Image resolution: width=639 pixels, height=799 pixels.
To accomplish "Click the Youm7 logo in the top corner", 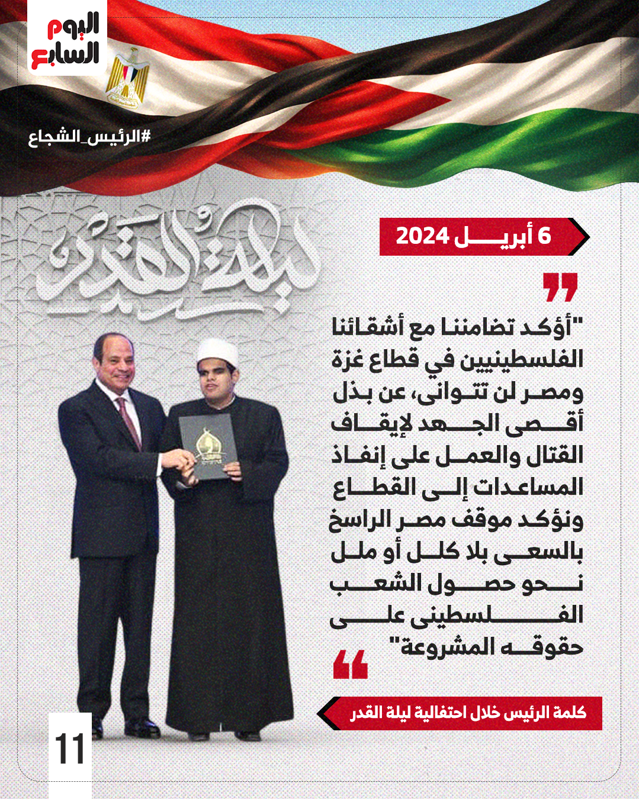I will click(67, 41).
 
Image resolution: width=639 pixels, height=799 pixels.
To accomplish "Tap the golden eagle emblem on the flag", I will click(127, 76).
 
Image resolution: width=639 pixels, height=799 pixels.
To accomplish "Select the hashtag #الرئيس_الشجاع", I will click(89, 137).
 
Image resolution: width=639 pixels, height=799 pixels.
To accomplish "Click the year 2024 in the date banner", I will click(422, 236).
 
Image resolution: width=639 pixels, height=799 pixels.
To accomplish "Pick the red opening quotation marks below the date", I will click(560, 287).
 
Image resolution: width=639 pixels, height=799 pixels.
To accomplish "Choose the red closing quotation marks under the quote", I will click(351, 664).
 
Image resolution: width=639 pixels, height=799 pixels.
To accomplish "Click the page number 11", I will click(70, 748).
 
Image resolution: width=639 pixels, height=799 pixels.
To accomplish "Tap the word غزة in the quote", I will click(350, 359).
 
